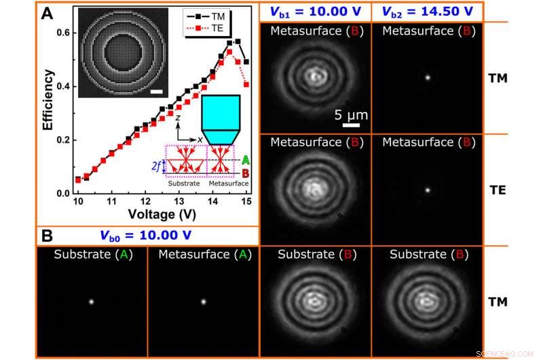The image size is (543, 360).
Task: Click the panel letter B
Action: tap(48, 236)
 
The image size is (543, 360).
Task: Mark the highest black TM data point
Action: tap(238, 41)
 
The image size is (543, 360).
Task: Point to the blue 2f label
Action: tap(157, 163)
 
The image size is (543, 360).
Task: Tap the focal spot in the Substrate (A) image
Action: tap(91, 302)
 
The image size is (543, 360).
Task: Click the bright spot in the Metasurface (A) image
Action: tap(202, 302)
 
